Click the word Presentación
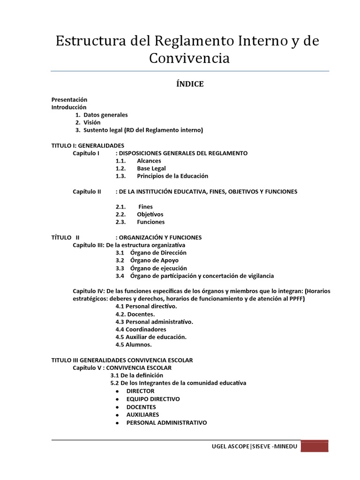coord(69,99)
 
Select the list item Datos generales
coord(105,115)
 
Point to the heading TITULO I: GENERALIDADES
coord(88,145)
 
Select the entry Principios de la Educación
coord(172,176)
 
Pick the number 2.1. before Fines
coord(122,207)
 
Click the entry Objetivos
coord(150,214)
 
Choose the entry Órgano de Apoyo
coord(154,260)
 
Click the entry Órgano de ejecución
coord(158,268)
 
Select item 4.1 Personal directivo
coord(146,306)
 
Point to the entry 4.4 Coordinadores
coord(141,329)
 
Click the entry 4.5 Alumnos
coord(134,345)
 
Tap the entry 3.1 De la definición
coord(137,375)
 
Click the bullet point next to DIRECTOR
coord(116,391)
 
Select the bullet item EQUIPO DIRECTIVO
coord(153,399)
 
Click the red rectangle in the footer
coord(315,446)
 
